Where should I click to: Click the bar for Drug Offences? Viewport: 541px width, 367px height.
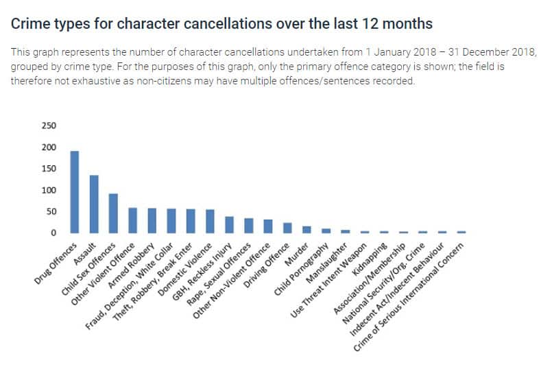(x=75, y=192)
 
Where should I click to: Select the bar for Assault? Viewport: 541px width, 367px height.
(x=94, y=204)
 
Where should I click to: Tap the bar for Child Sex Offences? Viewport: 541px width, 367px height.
(x=114, y=213)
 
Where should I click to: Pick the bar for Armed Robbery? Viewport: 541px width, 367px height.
(x=152, y=221)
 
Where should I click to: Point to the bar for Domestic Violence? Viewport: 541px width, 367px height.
(x=210, y=221)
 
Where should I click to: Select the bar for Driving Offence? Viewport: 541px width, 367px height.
(x=287, y=228)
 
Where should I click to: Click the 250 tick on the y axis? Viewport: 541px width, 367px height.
(x=50, y=126)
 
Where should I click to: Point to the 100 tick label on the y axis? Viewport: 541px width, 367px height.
(x=50, y=190)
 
